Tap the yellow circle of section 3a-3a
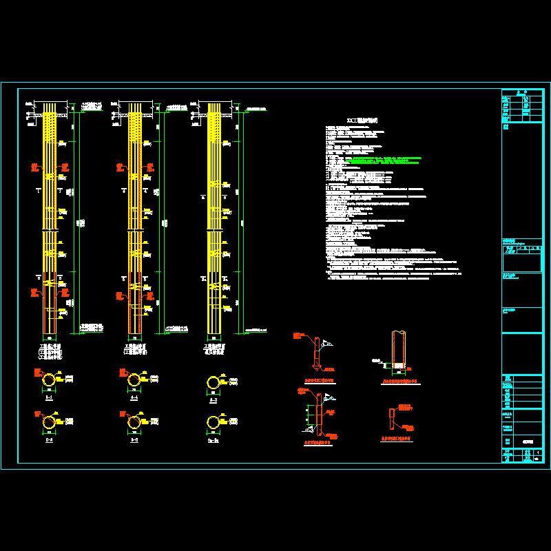point(214,422)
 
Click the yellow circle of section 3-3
point(214,383)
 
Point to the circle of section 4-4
point(132,380)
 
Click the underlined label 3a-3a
point(214,439)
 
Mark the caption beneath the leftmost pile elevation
point(50,352)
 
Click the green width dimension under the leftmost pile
point(50,338)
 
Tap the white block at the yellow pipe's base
point(397,365)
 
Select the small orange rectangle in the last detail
point(391,421)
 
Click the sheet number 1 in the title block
point(537,453)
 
